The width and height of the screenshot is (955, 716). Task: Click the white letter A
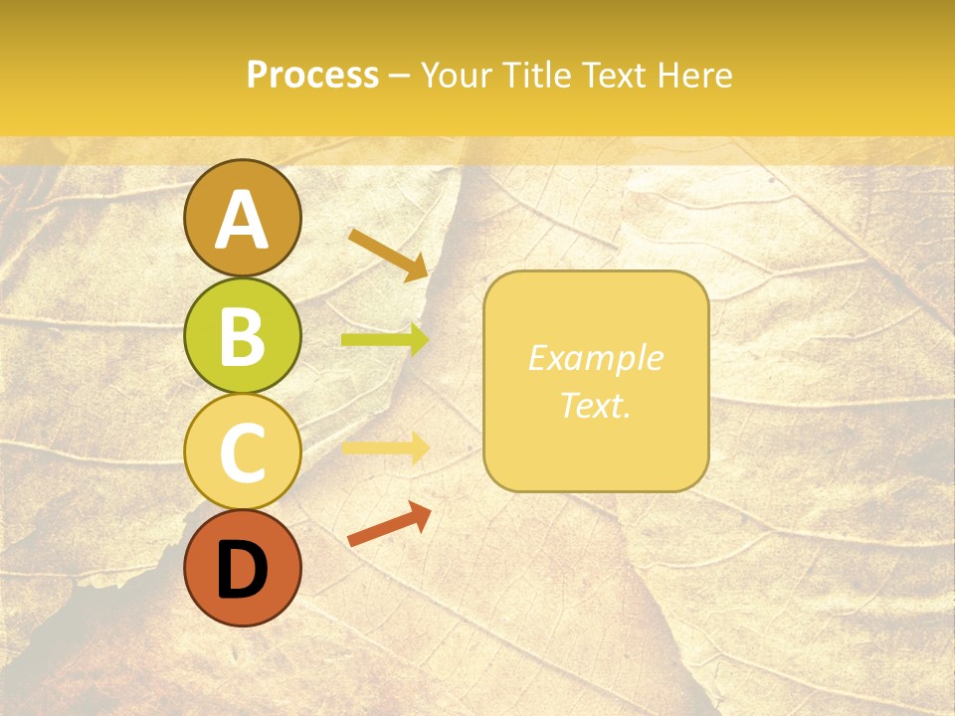243,220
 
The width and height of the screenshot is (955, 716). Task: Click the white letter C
243,452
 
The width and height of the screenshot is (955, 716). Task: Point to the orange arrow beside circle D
389,524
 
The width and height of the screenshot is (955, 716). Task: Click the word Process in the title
312,75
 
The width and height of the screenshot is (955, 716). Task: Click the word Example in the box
595,358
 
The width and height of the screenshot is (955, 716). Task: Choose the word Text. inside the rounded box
595,405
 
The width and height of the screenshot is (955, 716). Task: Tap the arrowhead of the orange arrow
420,513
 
